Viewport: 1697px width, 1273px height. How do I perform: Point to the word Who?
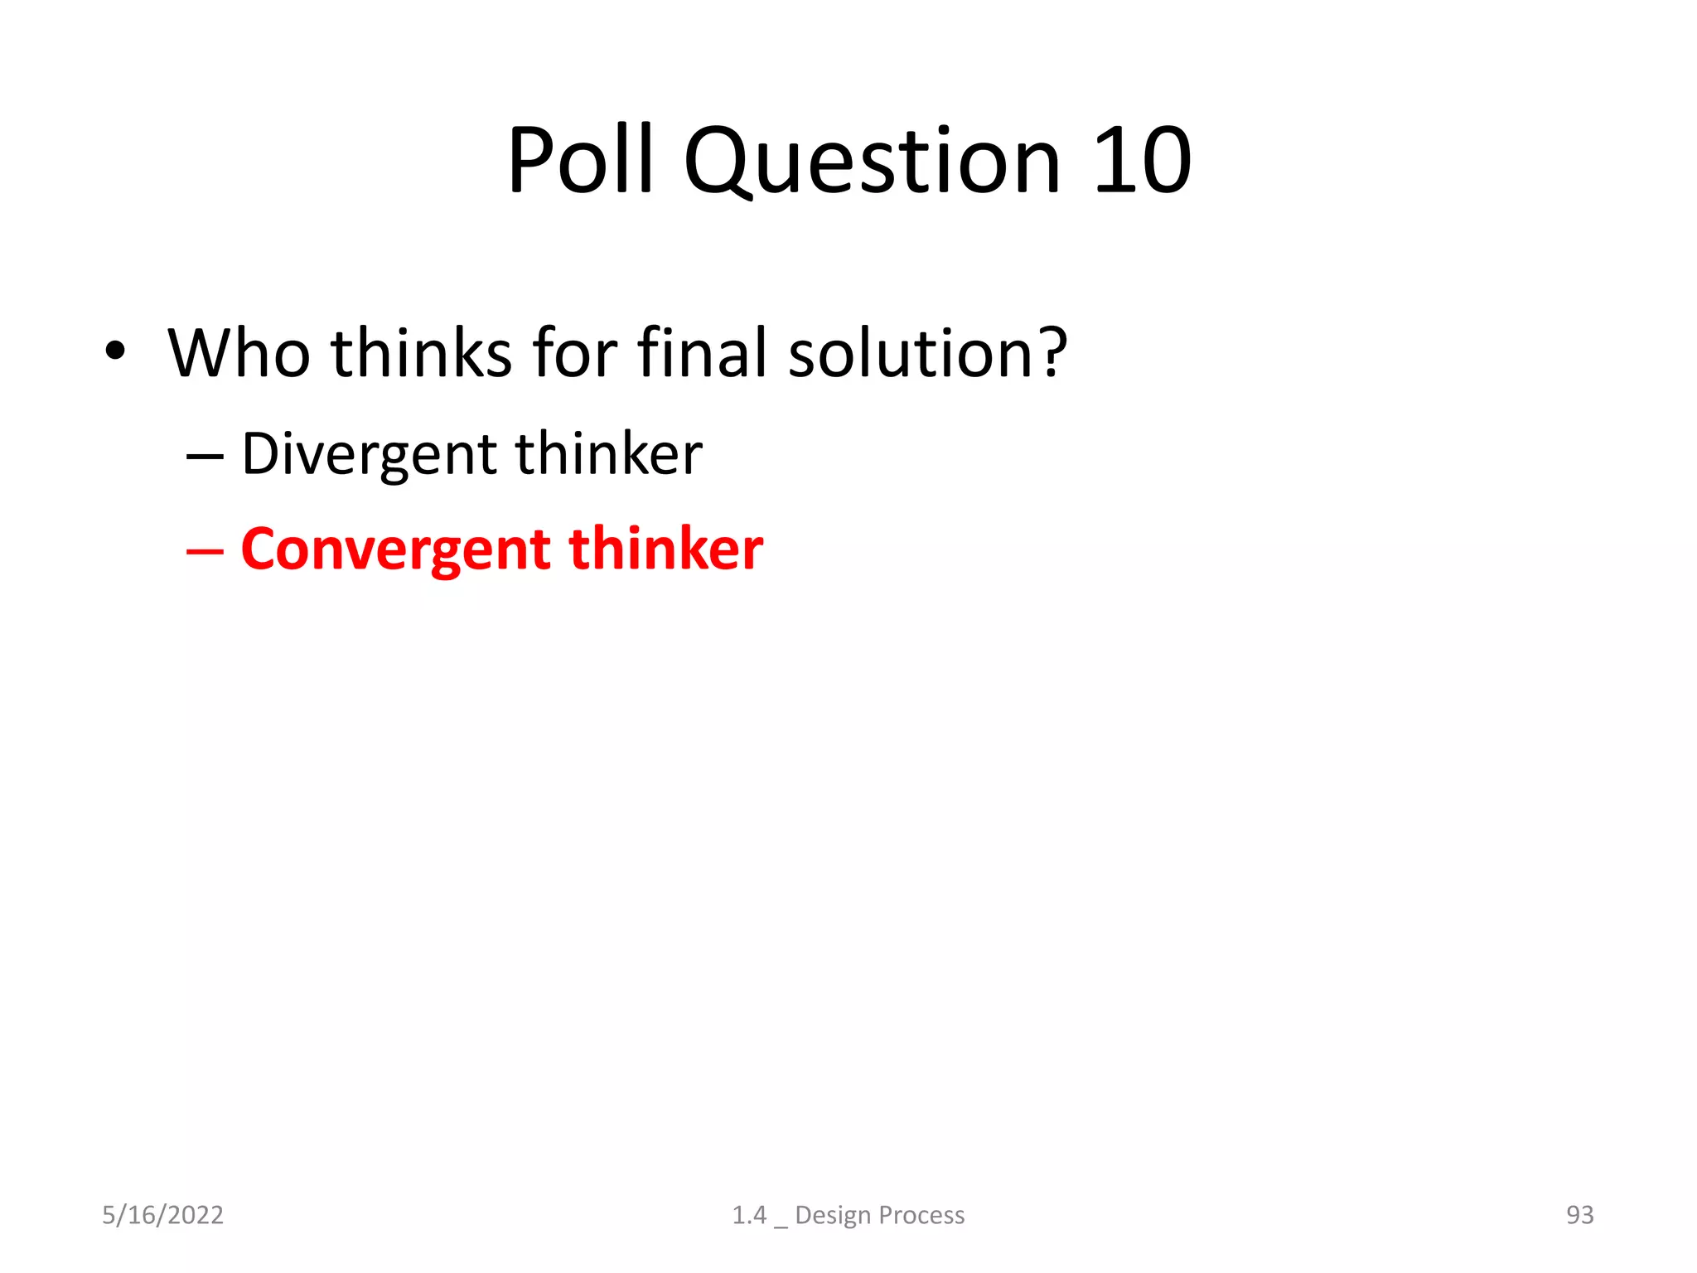click(239, 353)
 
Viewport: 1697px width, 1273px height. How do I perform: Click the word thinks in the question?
click(421, 353)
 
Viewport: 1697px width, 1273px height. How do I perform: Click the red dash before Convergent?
click(205, 551)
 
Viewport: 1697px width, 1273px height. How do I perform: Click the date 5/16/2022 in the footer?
click(162, 1215)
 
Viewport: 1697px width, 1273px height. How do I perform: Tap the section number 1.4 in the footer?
click(749, 1215)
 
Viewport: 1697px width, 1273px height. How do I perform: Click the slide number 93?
click(1579, 1215)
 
